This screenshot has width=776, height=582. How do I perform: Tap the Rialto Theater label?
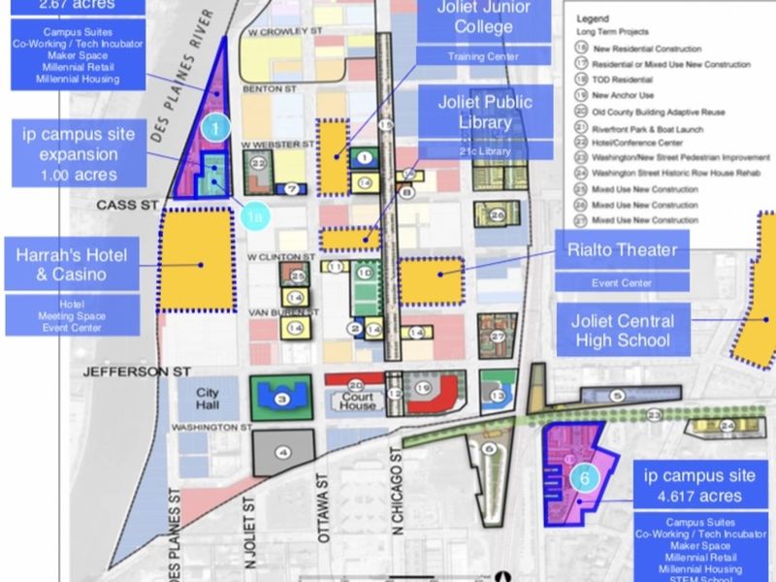pyautogui.click(x=622, y=251)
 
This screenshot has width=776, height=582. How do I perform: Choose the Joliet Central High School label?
pyautogui.click(x=624, y=330)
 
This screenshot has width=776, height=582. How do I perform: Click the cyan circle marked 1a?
pyautogui.click(x=253, y=218)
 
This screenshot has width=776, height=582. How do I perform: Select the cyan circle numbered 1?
pyautogui.click(x=215, y=124)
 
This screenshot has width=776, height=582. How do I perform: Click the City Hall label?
pyautogui.click(x=209, y=398)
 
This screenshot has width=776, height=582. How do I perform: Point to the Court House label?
pyautogui.click(x=356, y=401)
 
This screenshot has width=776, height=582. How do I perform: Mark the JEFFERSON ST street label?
pyautogui.click(x=125, y=371)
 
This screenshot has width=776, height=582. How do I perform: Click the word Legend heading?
pyautogui.click(x=593, y=18)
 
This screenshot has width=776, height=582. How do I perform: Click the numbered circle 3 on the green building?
pyautogui.click(x=281, y=399)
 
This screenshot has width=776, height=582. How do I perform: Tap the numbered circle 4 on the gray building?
pyautogui.click(x=283, y=452)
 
